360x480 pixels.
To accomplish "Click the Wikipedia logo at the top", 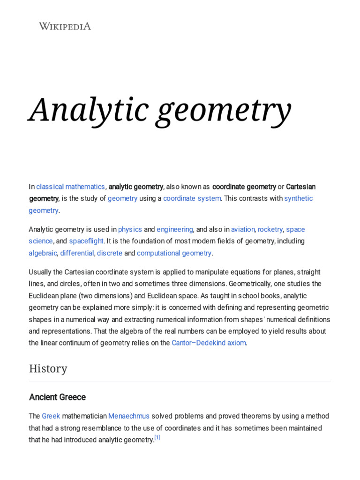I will [65, 26].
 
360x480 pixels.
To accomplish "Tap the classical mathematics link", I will [70, 187].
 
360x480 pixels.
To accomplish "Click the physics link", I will [130, 229].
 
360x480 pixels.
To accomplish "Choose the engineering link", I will [175, 229].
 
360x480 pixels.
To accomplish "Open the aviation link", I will [243, 229].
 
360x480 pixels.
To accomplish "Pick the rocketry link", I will [270, 229].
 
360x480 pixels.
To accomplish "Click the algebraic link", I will [43, 253].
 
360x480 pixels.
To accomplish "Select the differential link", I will [77, 253].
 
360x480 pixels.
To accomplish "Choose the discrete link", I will [110, 253].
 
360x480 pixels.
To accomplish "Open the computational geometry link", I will [174, 253].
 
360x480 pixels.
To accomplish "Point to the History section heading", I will [48, 368].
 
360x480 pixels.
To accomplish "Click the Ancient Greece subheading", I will [58, 397].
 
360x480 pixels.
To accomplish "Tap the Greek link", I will [51, 416].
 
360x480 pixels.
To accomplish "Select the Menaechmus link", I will [129, 416].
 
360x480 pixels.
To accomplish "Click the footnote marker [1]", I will [157, 438].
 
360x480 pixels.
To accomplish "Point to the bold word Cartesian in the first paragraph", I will [300, 187].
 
